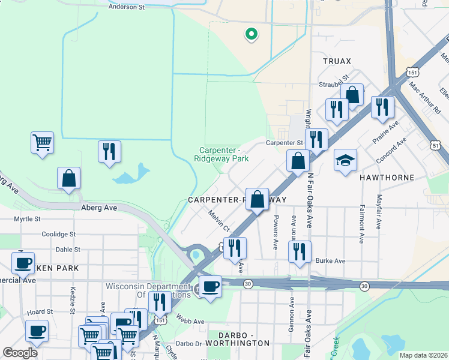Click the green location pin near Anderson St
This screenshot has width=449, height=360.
point(251,34)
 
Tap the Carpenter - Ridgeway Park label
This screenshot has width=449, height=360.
point(221,155)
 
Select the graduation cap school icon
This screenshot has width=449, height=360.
point(345,160)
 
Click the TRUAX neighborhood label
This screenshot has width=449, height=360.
point(336,61)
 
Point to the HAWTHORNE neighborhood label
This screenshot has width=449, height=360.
point(384,178)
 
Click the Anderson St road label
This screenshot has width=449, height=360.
point(126,8)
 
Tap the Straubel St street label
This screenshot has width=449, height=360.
point(334,80)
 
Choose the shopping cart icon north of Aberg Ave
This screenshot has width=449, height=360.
point(42,143)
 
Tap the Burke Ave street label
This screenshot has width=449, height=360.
point(331,261)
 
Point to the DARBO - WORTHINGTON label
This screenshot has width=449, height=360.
point(238,343)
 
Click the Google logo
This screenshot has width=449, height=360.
point(20,353)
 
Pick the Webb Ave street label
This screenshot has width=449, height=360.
point(191,321)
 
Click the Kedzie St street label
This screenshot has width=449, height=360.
point(72,295)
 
